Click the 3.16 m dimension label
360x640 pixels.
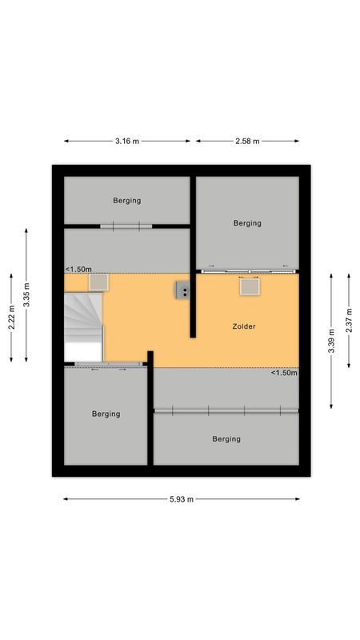coord(127,142)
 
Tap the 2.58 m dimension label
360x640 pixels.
coord(248,142)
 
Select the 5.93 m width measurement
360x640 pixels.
coord(182,499)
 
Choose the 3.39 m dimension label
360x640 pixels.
coord(332,338)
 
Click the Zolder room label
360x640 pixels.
coord(244,326)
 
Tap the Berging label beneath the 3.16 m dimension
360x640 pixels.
coord(126,201)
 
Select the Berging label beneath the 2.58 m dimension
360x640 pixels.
coord(247,223)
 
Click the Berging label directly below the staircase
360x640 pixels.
coord(106,414)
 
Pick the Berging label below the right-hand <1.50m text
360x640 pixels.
coord(226,438)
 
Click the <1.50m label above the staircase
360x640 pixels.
coord(78,270)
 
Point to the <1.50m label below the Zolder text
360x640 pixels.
coord(284,373)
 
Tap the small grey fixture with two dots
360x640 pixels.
coord(183,290)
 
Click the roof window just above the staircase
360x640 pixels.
coord(99,282)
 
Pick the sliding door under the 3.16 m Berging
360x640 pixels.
coord(126,226)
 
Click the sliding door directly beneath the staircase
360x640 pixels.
coord(107,366)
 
